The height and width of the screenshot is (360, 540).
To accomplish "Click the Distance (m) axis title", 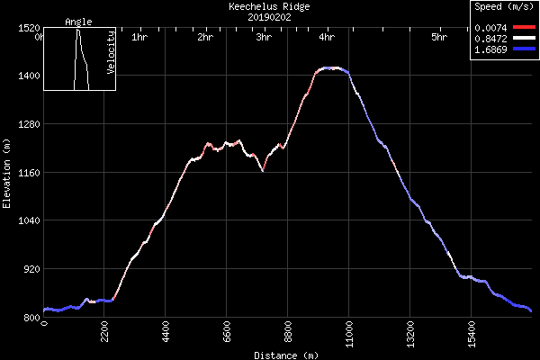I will [x=285, y=355].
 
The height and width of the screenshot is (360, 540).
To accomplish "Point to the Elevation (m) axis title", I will [x=6, y=173].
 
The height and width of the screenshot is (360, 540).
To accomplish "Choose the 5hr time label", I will [x=438, y=38].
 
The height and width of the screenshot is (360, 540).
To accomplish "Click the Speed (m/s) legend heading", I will [x=501, y=6].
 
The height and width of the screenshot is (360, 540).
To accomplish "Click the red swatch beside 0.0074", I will [x=525, y=28].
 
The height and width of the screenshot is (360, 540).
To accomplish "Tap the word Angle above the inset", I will [x=78, y=22].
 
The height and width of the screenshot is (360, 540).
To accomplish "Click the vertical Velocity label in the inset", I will [x=111, y=52].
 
